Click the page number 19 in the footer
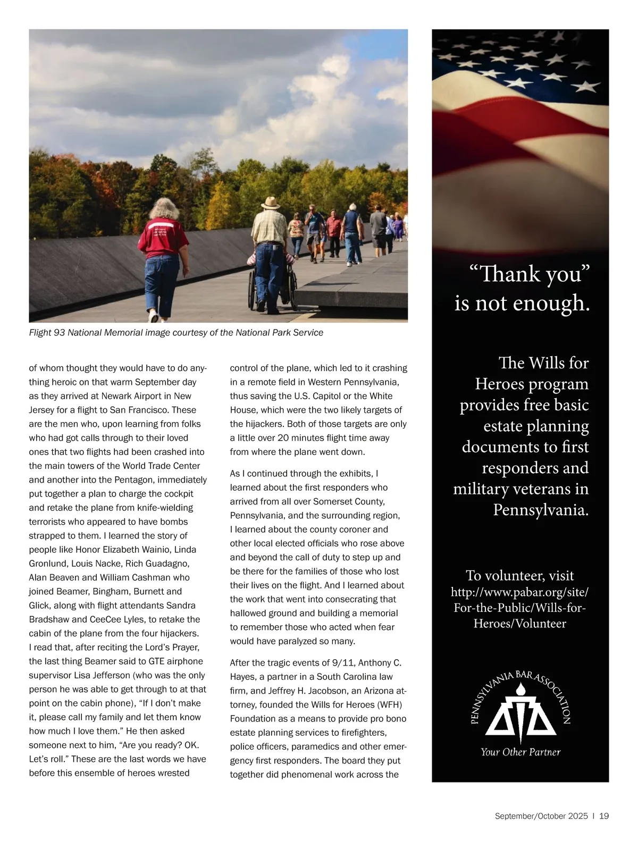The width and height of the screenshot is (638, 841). click(603, 816)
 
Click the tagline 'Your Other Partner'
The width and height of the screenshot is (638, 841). click(521, 752)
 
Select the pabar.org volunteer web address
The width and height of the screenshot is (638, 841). click(520, 608)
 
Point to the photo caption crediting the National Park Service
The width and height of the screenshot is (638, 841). click(176, 333)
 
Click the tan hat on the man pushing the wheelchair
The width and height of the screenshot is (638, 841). click(271, 203)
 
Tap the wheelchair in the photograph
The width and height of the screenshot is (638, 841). click(272, 284)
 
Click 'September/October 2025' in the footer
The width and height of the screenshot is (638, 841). click(541, 816)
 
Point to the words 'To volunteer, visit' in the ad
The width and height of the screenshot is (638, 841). click(520, 576)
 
